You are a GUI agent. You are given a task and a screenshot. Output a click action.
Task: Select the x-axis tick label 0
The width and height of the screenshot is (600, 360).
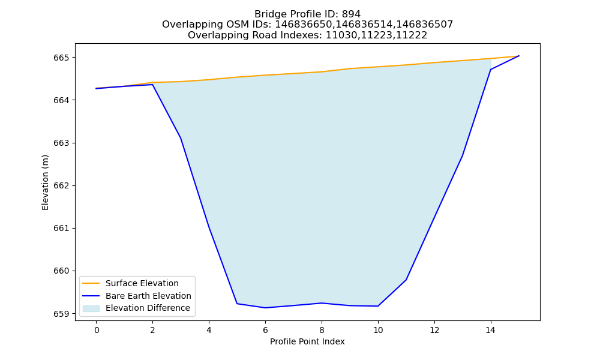click(97, 330)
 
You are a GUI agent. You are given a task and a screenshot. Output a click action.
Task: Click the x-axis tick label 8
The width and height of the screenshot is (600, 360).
click(322, 330)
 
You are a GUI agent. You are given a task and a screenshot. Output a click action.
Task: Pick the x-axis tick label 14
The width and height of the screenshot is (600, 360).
click(491, 330)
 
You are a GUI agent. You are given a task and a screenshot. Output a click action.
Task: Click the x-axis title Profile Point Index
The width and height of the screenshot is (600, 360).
click(307, 341)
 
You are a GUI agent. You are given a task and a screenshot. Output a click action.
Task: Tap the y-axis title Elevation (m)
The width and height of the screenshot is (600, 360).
click(45, 182)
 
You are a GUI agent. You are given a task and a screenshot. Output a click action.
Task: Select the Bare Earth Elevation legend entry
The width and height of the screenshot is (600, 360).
click(137, 296)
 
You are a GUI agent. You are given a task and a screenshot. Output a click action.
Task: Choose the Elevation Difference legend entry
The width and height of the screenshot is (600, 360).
click(136, 308)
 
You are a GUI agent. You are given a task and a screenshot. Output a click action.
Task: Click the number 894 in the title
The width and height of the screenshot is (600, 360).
click(351, 14)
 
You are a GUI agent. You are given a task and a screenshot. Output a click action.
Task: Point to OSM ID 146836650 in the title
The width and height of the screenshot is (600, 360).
click(304, 25)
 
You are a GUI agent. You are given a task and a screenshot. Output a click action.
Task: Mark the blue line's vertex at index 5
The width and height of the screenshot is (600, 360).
click(237, 304)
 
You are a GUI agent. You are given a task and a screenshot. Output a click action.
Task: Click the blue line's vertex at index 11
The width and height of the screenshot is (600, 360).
click(406, 280)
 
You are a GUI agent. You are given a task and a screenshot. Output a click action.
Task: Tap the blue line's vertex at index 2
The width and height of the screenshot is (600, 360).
click(152, 85)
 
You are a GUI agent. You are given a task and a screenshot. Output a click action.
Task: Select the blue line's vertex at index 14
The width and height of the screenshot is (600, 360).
click(491, 70)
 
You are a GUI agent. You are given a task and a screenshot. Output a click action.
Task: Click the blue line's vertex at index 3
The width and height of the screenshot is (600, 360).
click(181, 138)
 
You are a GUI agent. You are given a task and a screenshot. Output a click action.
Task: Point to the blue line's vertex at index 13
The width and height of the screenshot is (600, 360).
click(462, 156)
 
